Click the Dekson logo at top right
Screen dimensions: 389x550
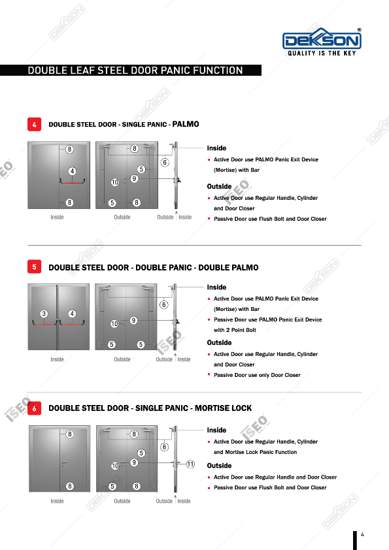(x=322, y=42)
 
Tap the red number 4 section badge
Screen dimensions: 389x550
(x=35, y=124)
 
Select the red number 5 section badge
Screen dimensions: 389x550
(x=35, y=267)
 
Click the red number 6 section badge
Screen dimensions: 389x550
(x=35, y=408)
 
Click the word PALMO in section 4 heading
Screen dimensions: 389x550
(x=186, y=124)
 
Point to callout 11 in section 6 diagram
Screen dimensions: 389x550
(x=190, y=464)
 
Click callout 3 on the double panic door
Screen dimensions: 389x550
(x=44, y=314)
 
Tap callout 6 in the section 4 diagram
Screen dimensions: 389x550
(x=165, y=163)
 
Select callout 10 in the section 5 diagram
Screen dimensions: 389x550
(x=114, y=323)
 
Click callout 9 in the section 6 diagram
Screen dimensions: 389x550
(x=134, y=462)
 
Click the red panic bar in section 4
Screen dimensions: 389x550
(x=73, y=182)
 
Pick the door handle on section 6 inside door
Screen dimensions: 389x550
(x=63, y=463)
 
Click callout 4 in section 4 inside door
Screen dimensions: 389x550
(x=73, y=171)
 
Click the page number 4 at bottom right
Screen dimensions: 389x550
(x=362, y=534)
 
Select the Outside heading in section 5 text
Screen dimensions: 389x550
(x=219, y=342)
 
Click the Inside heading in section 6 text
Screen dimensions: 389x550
(x=216, y=430)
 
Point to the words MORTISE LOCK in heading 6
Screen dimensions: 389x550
(x=224, y=408)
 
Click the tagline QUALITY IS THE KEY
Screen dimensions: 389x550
(x=322, y=54)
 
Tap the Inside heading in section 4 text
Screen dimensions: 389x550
(x=216, y=148)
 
